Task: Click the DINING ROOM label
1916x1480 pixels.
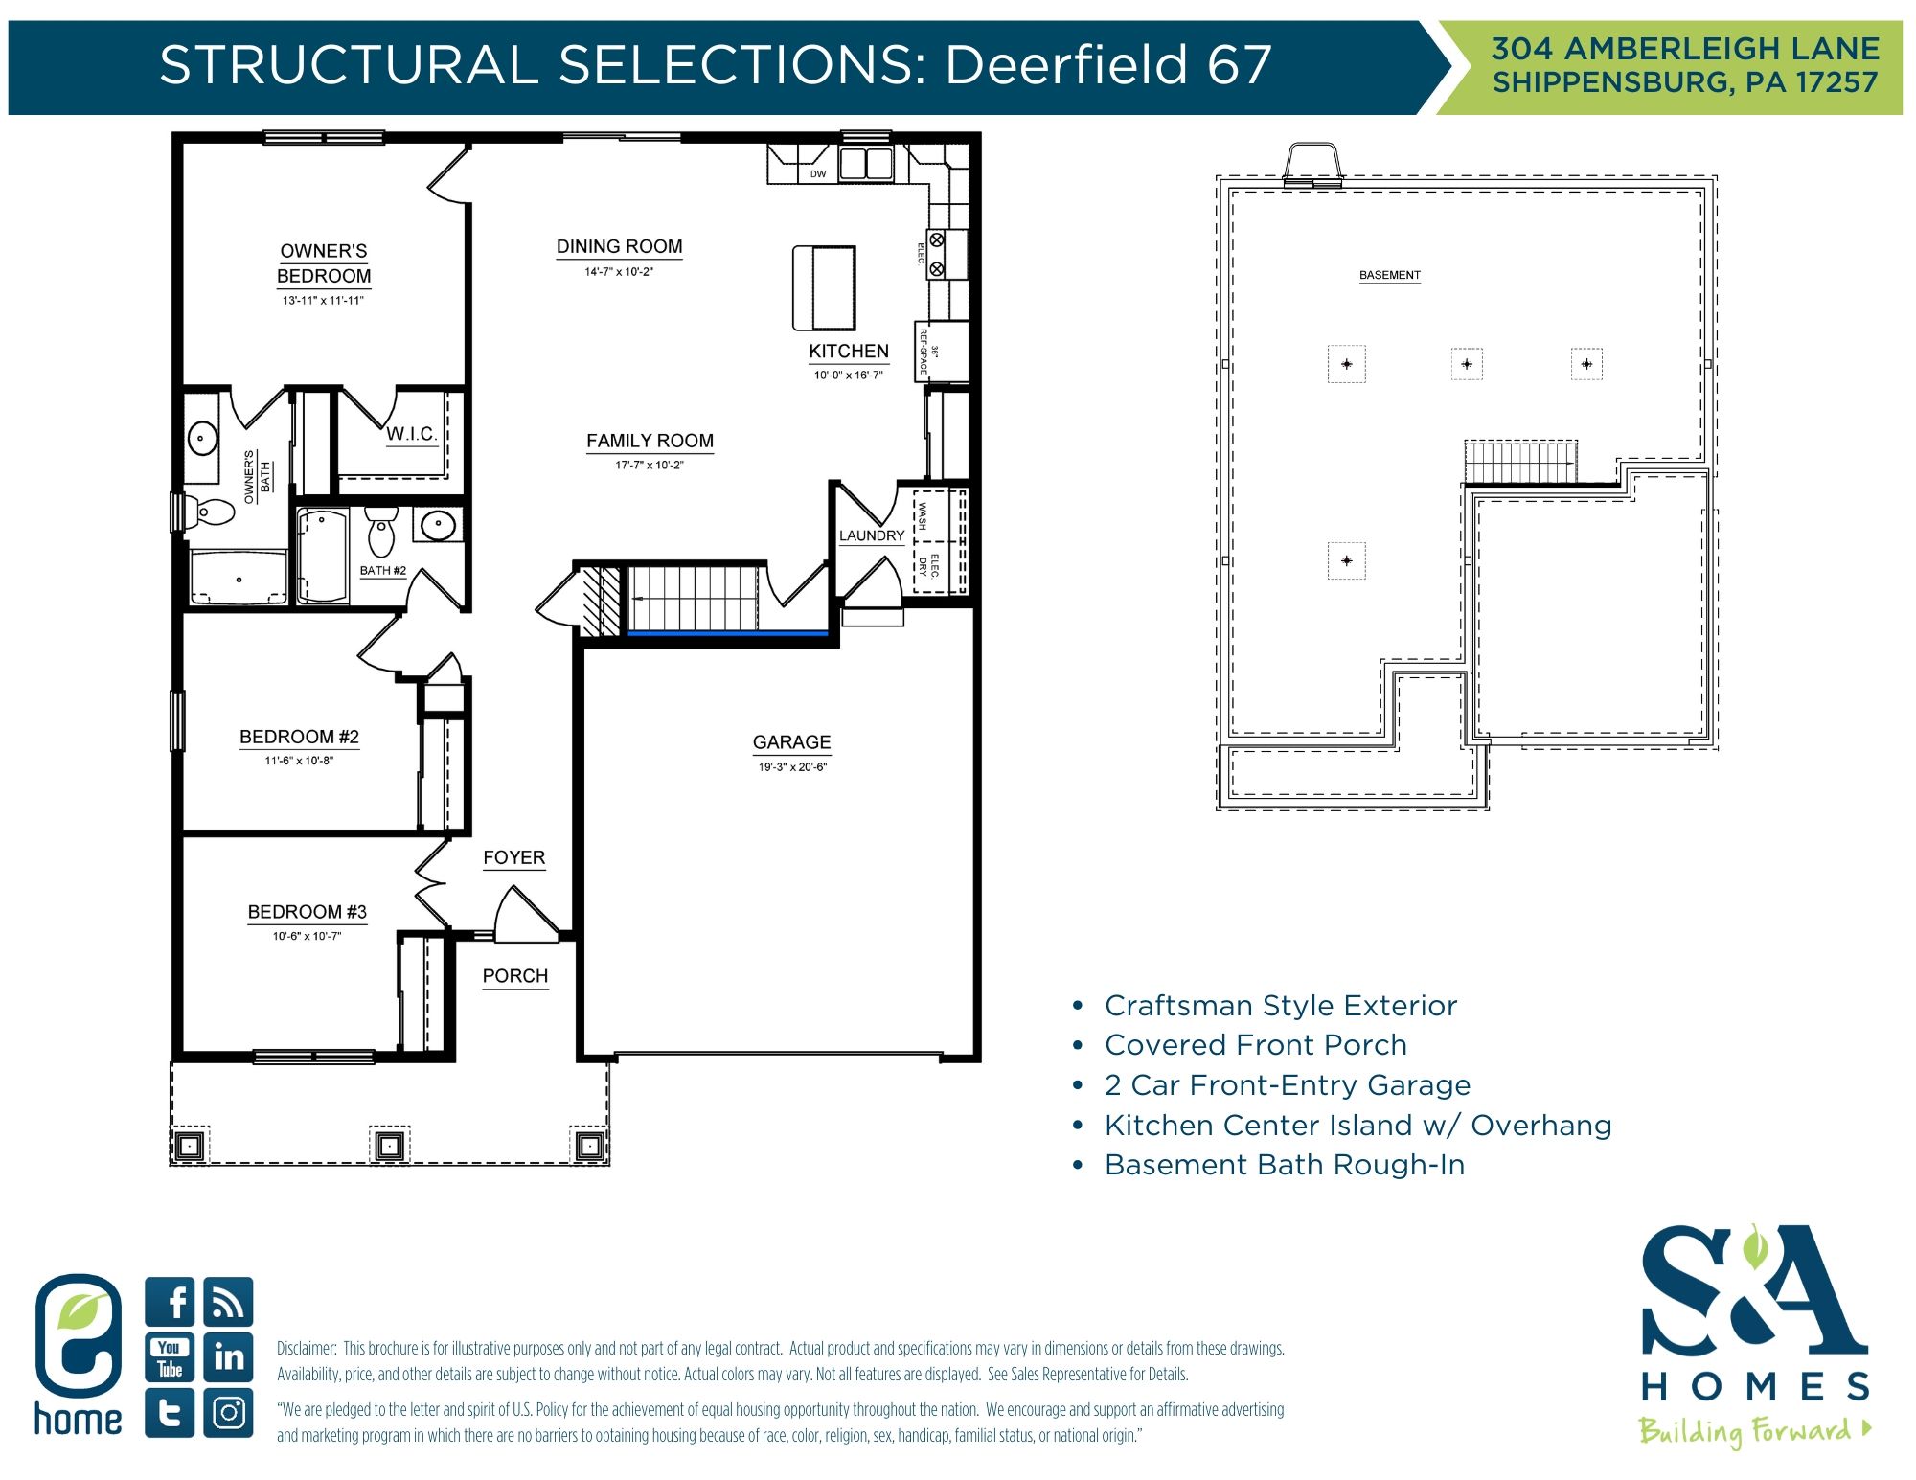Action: click(619, 247)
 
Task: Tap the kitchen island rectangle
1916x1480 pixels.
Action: click(824, 287)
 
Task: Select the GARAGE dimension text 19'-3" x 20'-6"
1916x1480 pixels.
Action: click(792, 766)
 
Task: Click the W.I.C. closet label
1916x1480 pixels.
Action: click(411, 434)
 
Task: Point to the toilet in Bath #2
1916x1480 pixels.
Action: click(381, 533)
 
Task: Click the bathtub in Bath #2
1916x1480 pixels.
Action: click(322, 556)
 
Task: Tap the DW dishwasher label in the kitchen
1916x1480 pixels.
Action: click(817, 173)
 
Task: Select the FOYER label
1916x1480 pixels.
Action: click(513, 857)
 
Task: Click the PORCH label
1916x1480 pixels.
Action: click(515, 976)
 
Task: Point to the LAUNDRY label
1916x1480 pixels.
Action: click(871, 535)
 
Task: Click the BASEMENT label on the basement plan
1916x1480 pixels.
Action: click(1389, 275)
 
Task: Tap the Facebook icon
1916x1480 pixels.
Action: click(171, 1302)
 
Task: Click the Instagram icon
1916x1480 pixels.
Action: click(229, 1413)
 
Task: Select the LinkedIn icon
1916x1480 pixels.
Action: click(229, 1357)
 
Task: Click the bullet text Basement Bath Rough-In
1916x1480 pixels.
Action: click(1284, 1165)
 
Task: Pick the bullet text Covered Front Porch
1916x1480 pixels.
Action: click(1255, 1045)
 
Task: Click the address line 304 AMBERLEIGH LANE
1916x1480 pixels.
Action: click(1685, 48)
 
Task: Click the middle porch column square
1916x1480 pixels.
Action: click(389, 1145)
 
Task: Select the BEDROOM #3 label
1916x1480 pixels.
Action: click(307, 912)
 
